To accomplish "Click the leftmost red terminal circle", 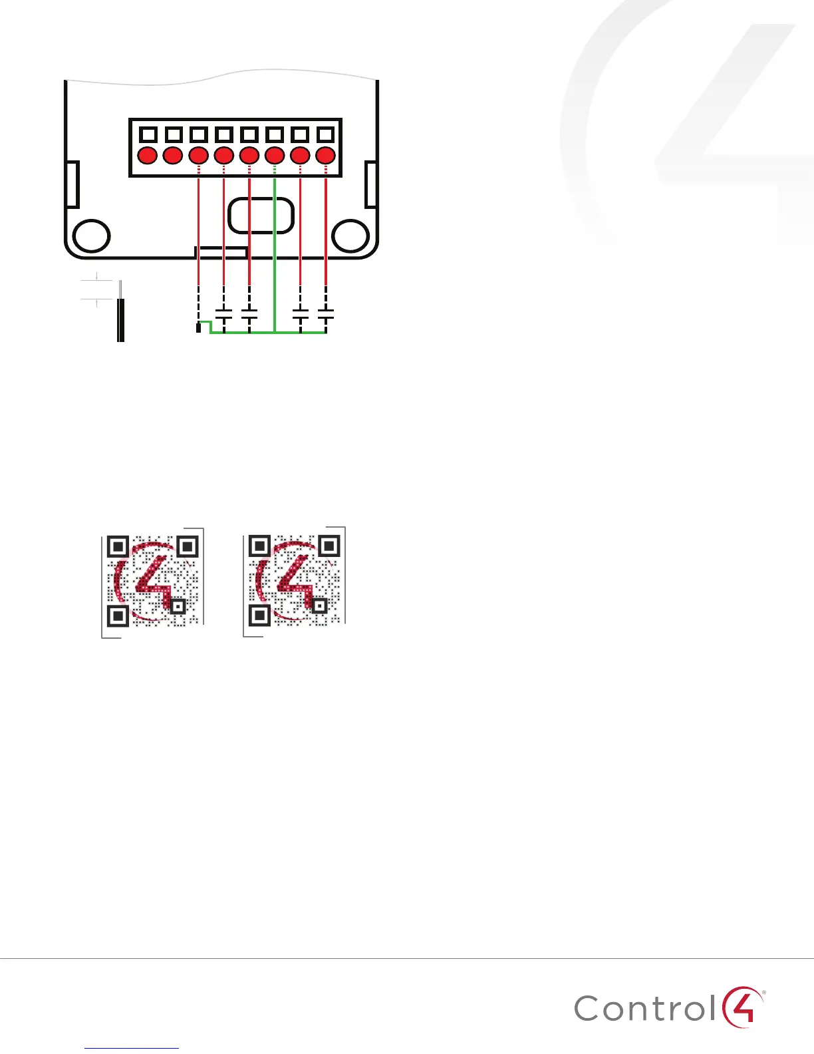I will (x=148, y=156).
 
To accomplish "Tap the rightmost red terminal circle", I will (x=325, y=156).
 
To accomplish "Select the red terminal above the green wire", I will (x=275, y=156).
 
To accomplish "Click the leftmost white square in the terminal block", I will (x=148, y=134).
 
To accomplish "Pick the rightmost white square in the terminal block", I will (x=325, y=134).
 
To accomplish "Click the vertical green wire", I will (x=275, y=253).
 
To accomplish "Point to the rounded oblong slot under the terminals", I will (x=261, y=214).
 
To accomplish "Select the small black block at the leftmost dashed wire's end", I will (x=198, y=327).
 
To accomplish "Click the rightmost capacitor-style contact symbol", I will (x=326, y=315).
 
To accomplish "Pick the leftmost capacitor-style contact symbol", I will (x=224, y=315).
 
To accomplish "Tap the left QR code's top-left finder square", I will (x=118, y=547).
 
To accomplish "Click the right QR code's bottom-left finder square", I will (x=259, y=615).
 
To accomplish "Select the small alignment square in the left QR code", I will (x=178, y=606).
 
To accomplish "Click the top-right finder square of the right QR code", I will (x=329, y=546).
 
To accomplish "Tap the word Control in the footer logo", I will (x=645, y=1009).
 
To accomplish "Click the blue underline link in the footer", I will (x=132, y=1048).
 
